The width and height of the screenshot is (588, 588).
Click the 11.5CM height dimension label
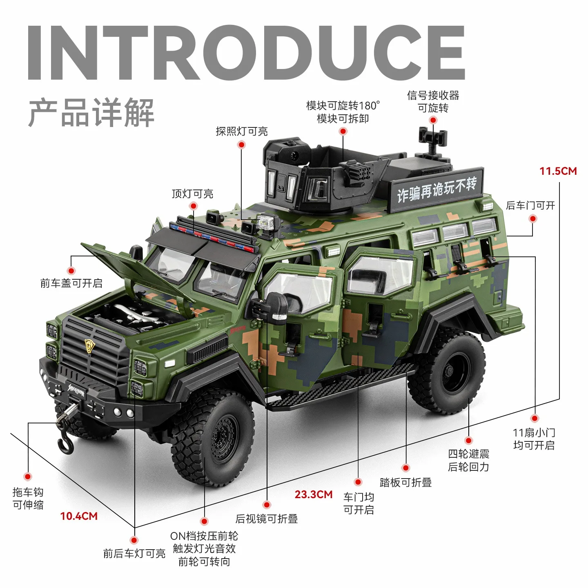pyautogui.click(x=558, y=171)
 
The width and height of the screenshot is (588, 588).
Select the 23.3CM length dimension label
pyautogui.click(x=314, y=494)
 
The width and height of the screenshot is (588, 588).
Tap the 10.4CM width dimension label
pyautogui.click(x=79, y=516)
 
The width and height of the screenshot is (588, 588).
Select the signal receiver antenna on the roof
pyautogui.click(x=432, y=141)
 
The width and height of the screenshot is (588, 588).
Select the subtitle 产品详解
pyautogui.click(x=91, y=113)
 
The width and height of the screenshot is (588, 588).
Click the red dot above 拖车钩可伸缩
pyautogui.click(x=28, y=477)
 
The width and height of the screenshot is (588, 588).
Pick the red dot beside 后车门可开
pyautogui.click(x=532, y=218)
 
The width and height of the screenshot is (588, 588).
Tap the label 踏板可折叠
pyautogui.click(x=405, y=482)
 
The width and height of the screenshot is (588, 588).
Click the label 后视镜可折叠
pyautogui.click(x=267, y=519)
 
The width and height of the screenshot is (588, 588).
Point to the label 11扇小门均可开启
pyautogui.click(x=534, y=439)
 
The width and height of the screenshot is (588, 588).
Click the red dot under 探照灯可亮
pyautogui.click(x=242, y=145)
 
